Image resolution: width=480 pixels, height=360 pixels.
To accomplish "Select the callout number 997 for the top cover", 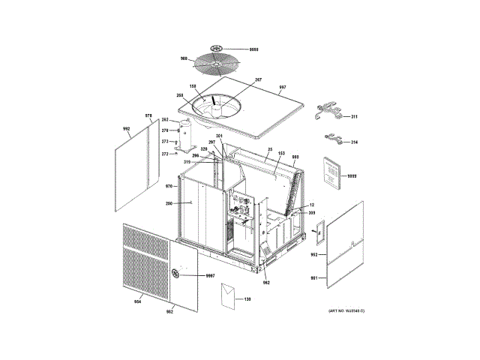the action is pyautogui.click(x=283, y=88).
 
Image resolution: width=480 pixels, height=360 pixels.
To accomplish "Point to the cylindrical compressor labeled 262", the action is pyautogui.click(x=187, y=135).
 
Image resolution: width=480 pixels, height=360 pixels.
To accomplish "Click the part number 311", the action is pyautogui.click(x=354, y=116).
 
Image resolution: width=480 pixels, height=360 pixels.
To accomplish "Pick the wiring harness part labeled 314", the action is pyautogui.click(x=354, y=142).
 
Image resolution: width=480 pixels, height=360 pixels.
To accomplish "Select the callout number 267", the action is pyautogui.click(x=258, y=80).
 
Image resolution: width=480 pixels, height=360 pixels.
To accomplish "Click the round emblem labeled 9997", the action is pyautogui.click(x=177, y=272).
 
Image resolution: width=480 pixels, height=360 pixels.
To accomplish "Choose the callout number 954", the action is pyautogui.click(x=137, y=301).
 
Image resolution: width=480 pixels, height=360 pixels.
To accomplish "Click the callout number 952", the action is pyautogui.click(x=314, y=255).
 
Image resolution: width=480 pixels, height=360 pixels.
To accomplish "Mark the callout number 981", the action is pyautogui.click(x=314, y=280).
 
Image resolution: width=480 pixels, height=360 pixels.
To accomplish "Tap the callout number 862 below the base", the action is pyautogui.click(x=265, y=282).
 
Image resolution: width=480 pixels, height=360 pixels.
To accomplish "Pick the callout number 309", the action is pyautogui.click(x=312, y=214).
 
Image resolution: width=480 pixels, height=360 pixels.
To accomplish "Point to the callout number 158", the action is pyautogui.click(x=192, y=88).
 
